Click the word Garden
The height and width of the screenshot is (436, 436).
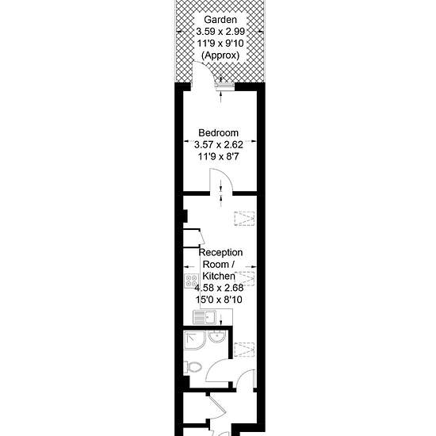220,20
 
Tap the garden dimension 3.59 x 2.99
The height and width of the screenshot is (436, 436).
220,32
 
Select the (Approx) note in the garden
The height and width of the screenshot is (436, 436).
220,55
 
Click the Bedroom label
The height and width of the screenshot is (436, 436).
218,132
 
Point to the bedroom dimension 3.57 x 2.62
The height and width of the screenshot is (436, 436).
219,144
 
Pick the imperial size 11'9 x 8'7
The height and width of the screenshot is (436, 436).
218,156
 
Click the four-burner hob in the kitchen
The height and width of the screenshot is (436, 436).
191,281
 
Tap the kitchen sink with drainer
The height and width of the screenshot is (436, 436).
205,318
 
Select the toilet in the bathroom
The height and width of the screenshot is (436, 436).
193,367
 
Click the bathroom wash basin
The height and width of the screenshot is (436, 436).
216,336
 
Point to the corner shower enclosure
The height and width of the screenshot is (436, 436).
194,341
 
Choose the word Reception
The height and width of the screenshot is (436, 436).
221,252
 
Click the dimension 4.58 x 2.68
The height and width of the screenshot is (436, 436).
219,288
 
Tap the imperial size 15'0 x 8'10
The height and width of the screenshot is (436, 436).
219,300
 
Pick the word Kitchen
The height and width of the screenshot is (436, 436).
219,276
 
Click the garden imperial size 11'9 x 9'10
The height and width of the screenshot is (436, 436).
220,44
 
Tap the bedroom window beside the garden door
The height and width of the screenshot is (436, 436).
224,85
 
